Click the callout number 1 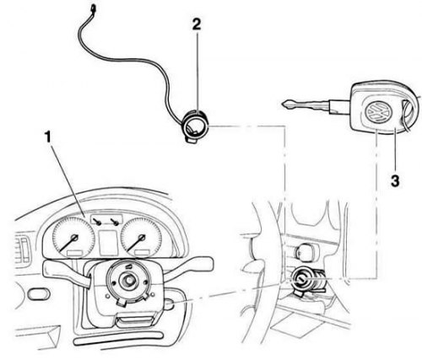point(48,137)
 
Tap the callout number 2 point(197,24)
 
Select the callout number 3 point(395,180)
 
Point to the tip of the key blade point(282,105)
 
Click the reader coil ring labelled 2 point(195,125)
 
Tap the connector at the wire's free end point(92,8)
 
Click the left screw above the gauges point(99,222)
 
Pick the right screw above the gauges point(116,222)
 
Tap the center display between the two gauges point(108,243)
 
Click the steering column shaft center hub point(128,280)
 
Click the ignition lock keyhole point(300,279)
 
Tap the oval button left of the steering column point(39,294)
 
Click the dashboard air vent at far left point(23,250)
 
